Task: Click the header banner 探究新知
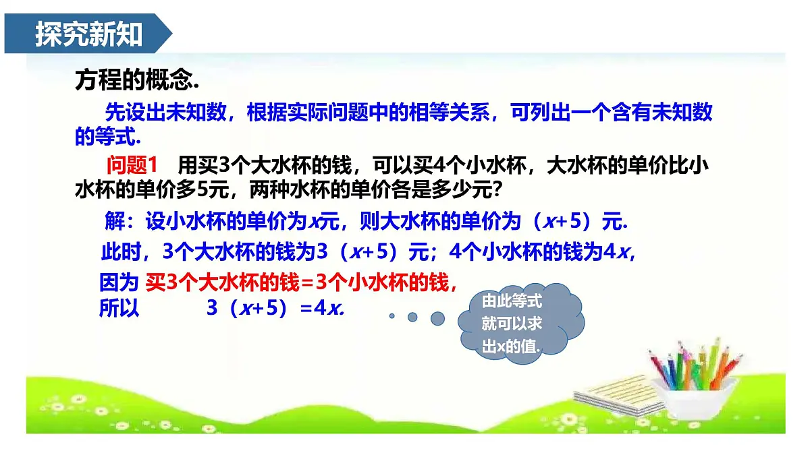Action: tap(88, 34)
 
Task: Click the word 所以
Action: tap(119, 308)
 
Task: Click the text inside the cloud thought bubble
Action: tap(512, 324)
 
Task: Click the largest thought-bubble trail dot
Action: tap(437, 317)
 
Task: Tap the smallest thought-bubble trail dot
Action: tap(391, 315)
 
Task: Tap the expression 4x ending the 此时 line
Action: tap(617, 252)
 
